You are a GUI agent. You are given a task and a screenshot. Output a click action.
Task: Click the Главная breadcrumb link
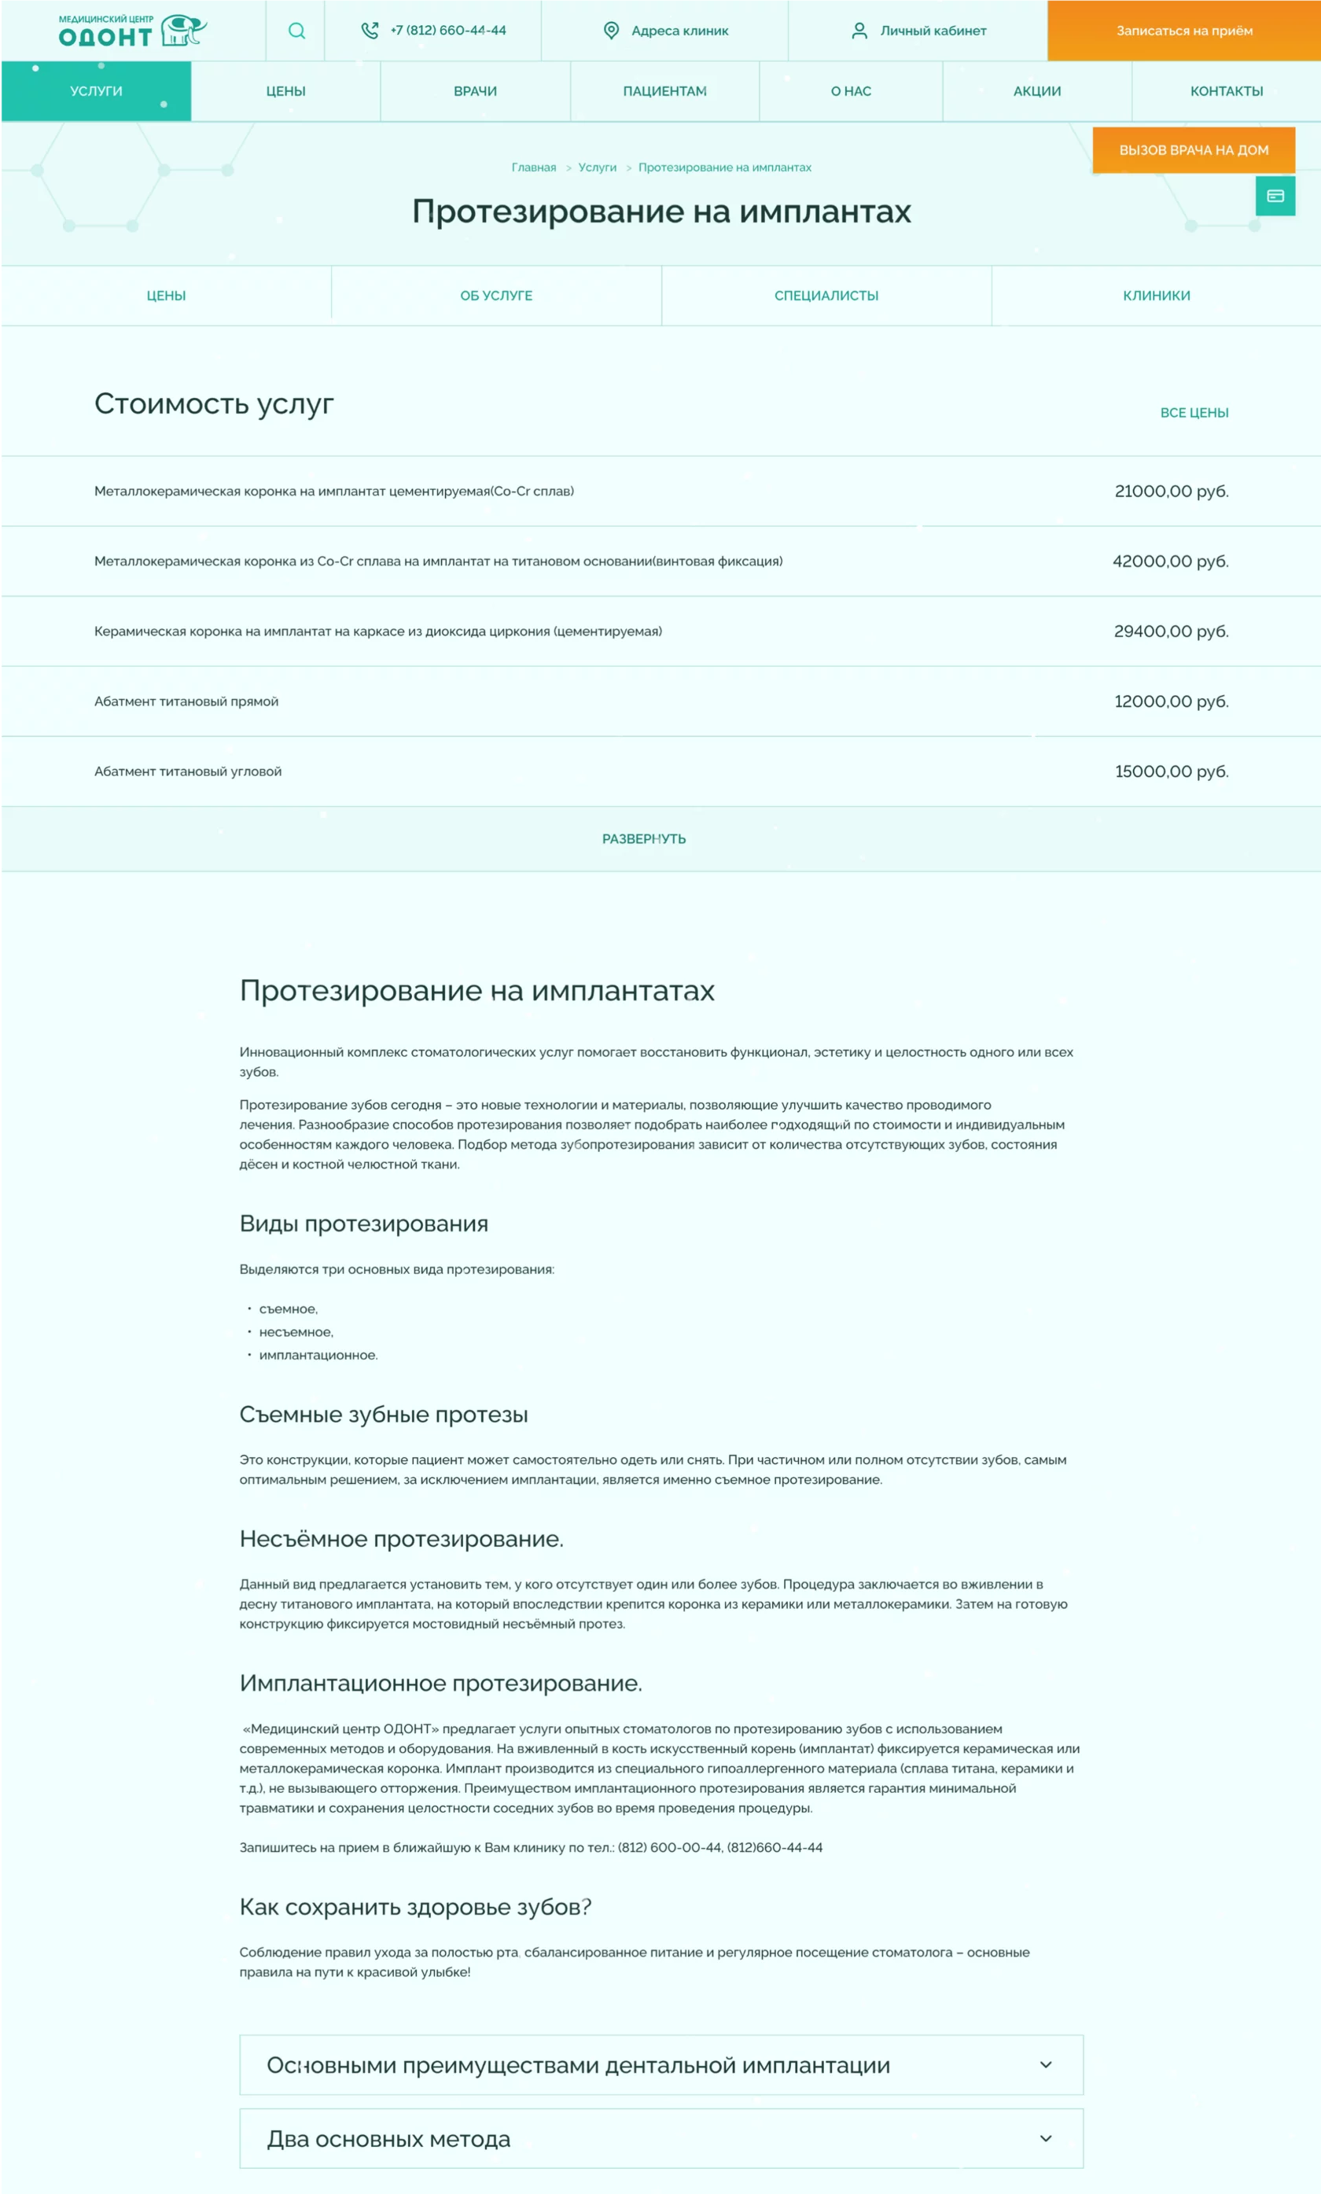coord(533,167)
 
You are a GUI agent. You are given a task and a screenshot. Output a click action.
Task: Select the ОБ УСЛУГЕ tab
coord(496,296)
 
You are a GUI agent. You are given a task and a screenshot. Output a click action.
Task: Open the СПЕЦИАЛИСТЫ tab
coord(826,296)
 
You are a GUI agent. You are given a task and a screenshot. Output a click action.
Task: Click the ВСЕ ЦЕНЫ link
coord(1194,413)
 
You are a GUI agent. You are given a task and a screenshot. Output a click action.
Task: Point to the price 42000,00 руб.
coord(1170,561)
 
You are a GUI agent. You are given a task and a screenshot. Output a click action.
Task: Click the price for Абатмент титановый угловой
coord(1171,771)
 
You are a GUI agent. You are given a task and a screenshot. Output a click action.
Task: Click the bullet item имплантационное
coord(318,1355)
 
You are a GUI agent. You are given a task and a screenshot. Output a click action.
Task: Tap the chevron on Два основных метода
coord(1046,2138)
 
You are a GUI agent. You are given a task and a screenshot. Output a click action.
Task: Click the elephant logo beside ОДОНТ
coord(184,30)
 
